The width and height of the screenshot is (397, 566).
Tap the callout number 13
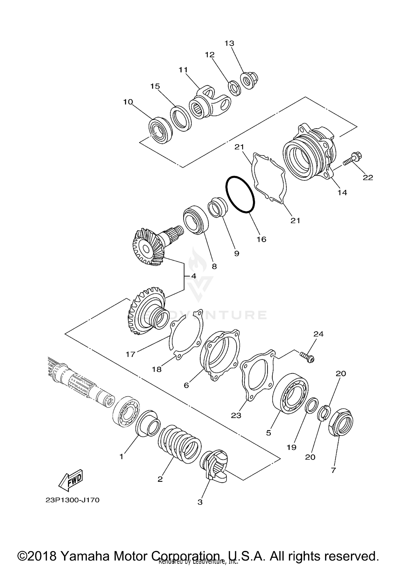coord(229,43)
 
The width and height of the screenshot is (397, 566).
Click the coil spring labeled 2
coord(180,444)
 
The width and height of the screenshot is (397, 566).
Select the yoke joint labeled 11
coord(209,103)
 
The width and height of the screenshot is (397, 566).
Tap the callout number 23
coord(236,415)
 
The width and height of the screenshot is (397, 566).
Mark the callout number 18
coord(157,369)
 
